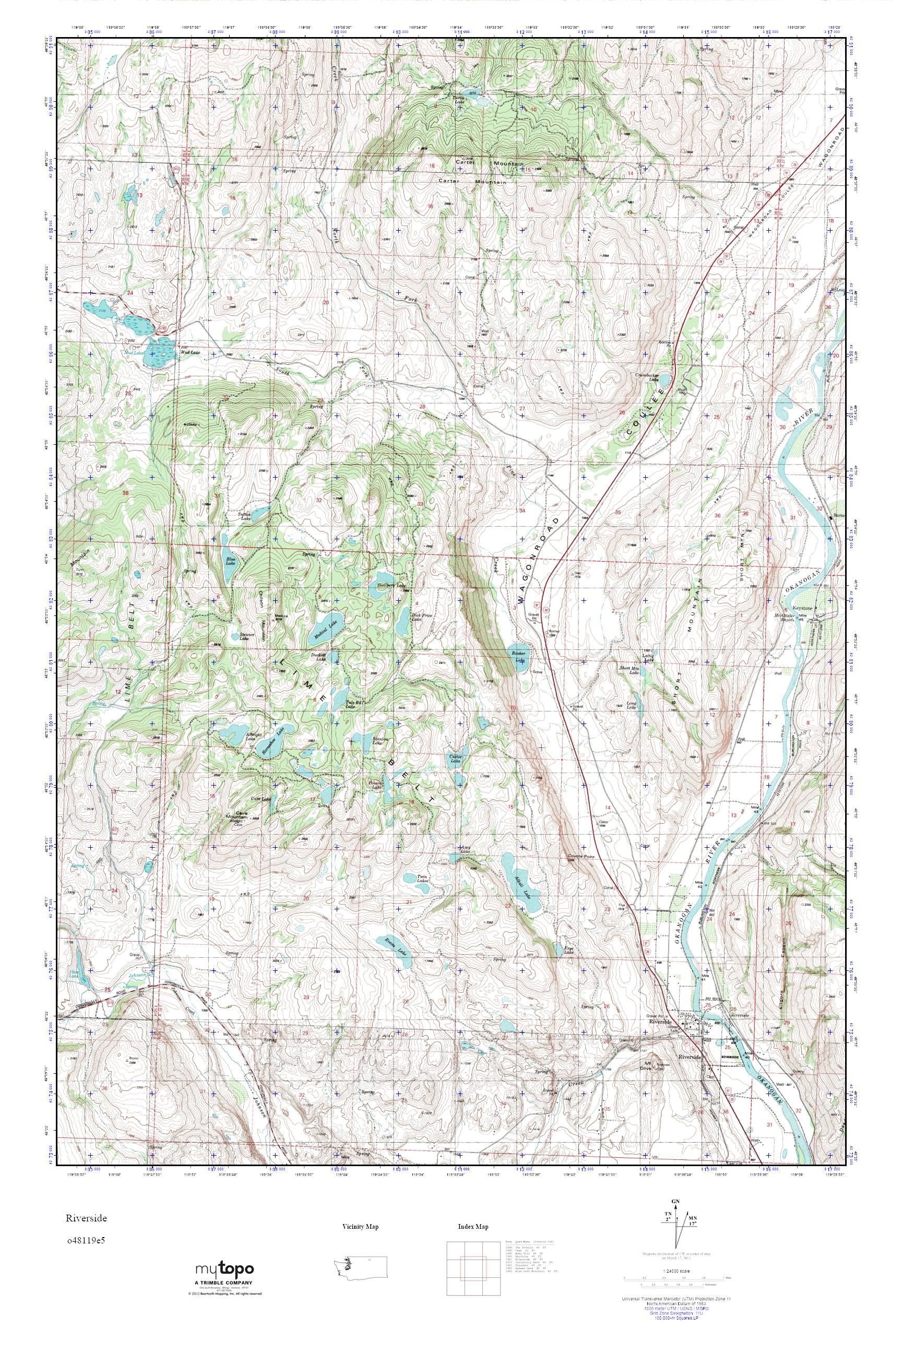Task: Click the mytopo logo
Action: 224,1285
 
